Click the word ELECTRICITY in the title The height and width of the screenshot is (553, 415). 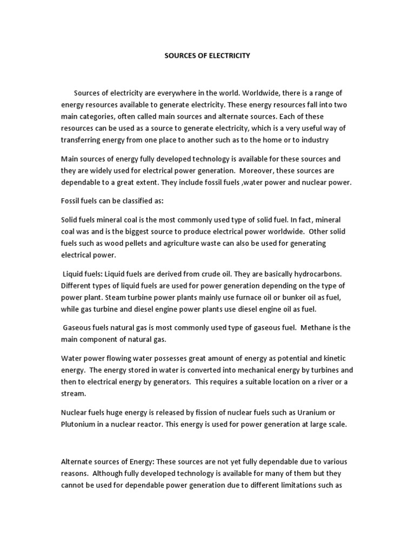229,56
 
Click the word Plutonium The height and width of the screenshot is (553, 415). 79,424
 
